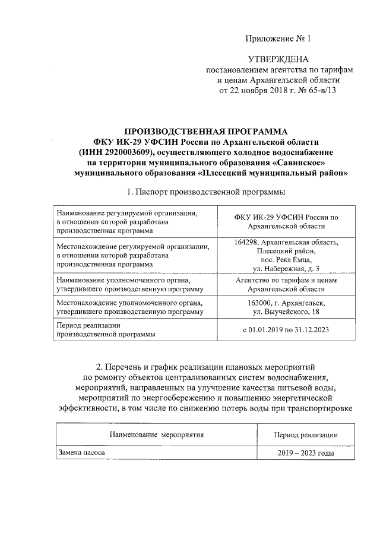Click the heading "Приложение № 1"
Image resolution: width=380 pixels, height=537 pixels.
coord(278,39)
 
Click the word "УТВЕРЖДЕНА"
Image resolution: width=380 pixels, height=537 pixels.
coord(278,60)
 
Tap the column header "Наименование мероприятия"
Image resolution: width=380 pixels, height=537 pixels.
coord(157,435)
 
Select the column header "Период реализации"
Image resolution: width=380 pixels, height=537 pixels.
coord(306,435)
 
